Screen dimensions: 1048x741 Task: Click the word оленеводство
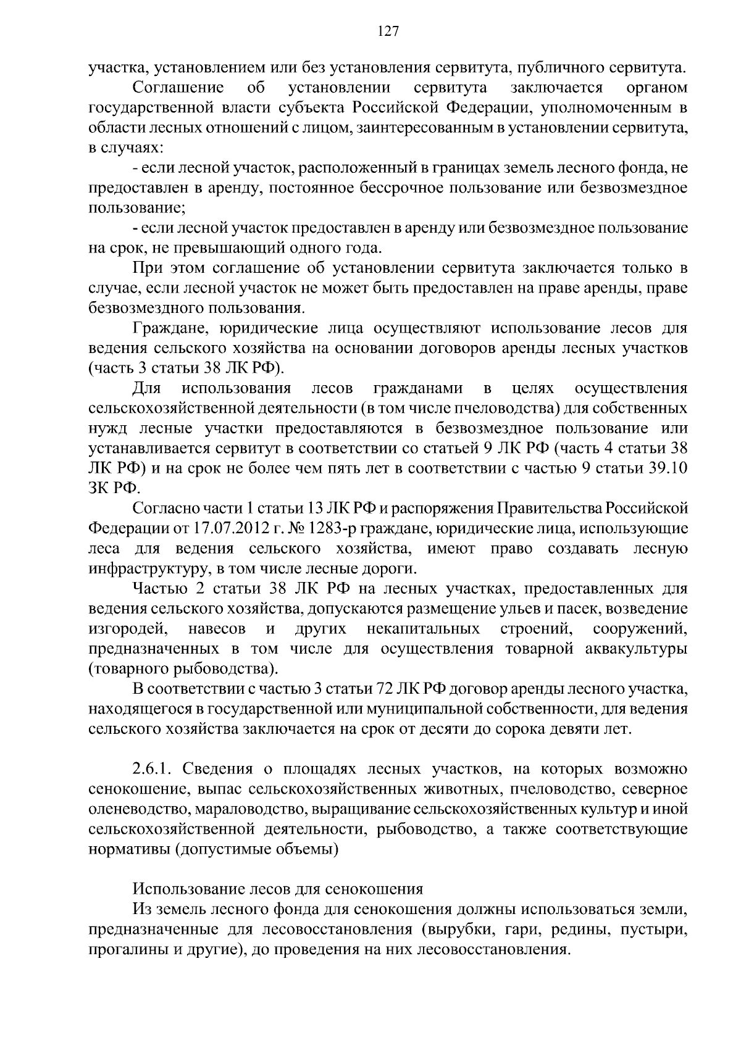click(130, 809)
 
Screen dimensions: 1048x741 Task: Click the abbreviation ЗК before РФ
click(99, 488)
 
